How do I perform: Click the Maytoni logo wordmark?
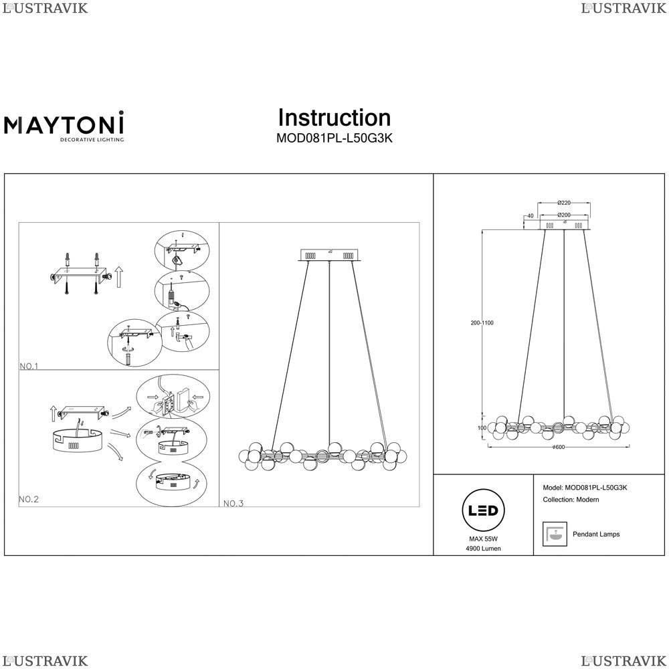point(64,124)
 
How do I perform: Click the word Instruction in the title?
point(334,118)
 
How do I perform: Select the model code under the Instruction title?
point(334,139)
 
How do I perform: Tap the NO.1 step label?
point(30,366)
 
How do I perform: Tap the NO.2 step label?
point(30,499)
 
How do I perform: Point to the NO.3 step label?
point(233,503)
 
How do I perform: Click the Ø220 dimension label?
point(563,203)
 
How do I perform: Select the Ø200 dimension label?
point(564,215)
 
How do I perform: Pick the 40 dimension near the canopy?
point(530,215)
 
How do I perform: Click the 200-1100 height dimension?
point(482,323)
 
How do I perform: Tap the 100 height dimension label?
point(481,428)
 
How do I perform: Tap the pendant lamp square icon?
point(553,534)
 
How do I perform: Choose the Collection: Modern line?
point(571,500)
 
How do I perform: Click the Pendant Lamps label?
point(596,535)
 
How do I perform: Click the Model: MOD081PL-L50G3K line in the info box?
point(585,488)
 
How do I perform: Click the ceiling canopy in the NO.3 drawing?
point(329,255)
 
